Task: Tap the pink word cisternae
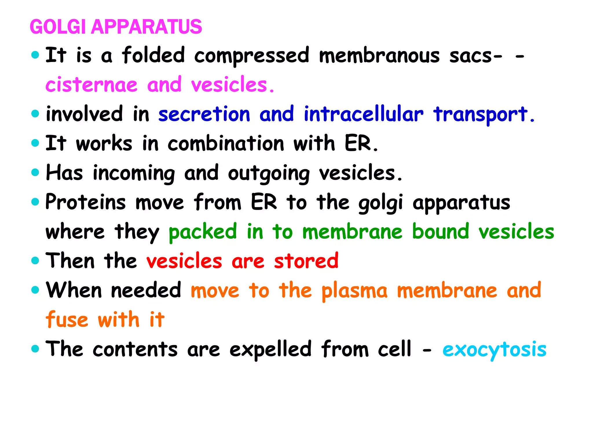pos(91,85)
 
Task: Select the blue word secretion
pos(204,114)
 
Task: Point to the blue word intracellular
pos(363,114)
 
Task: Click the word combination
pos(226,144)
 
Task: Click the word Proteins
pos(86,202)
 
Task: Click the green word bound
pos(440,232)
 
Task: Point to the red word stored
pos(306,261)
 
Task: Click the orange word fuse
pos(67,320)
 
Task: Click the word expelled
pos(270,349)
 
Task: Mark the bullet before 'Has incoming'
pos(35,172)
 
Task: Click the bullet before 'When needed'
pos(35,290)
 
